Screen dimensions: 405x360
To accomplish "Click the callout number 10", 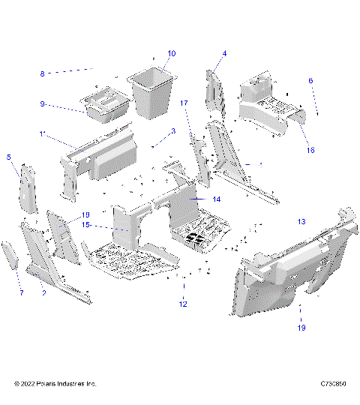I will click(172, 53).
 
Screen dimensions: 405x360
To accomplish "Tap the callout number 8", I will click(43, 73).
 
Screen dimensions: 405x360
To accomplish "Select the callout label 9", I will click(43, 104).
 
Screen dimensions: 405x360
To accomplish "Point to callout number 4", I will click(223, 53).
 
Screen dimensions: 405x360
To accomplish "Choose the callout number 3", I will click(173, 130).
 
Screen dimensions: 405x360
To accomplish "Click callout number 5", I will click(9, 157).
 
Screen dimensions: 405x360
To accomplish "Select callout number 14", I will click(216, 199).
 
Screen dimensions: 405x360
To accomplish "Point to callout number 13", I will click(301, 222).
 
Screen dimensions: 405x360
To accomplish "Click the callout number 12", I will click(182, 304).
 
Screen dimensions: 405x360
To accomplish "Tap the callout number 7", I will click(21, 292).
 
